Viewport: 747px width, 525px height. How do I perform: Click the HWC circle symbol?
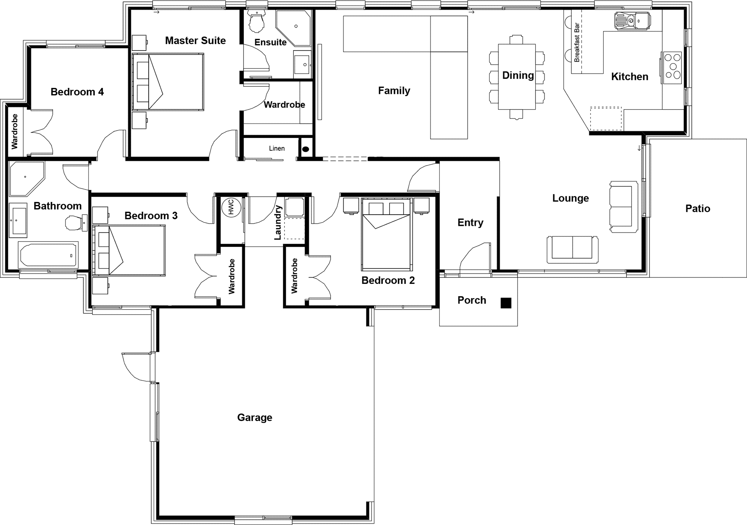[x=230, y=207]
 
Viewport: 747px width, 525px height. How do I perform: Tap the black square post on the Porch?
[x=506, y=303]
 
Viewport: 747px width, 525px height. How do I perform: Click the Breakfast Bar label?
[x=577, y=43]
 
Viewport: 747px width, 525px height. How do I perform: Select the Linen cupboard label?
[x=277, y=148]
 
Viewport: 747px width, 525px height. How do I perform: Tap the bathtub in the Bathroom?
[x=49, y=255]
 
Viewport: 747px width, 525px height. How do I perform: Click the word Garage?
[x=254, y=417]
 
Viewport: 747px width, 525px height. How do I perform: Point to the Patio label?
[x=697, y=208]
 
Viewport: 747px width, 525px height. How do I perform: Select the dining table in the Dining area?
[x=517, y=77]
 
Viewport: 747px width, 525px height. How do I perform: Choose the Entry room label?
[x=470, y=222]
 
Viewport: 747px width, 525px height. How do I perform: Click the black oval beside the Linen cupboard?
[x=306, y=149]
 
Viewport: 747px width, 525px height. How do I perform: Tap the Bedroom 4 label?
[x=77, y=92]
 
